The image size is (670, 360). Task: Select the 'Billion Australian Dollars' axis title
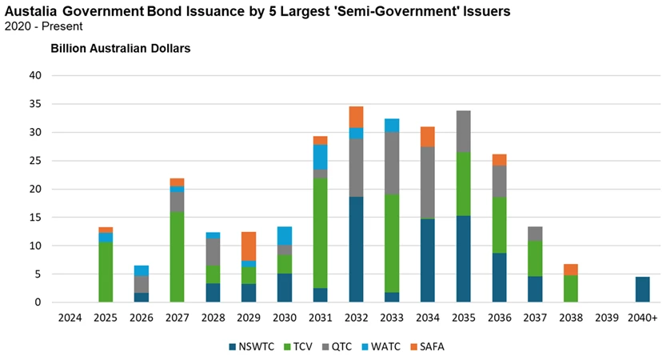tap(120, 48)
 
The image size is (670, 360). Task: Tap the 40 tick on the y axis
tap(35, 76)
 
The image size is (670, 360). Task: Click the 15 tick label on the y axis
tap(35, 218)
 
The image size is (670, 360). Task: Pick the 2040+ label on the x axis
tap(642, 318)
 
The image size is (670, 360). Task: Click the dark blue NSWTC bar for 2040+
tap(642, 290)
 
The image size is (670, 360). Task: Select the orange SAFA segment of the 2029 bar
tap(248, 246)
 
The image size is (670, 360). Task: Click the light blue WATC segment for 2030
tap(284, 235)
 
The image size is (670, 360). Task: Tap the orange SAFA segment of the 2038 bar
tap(570, 270)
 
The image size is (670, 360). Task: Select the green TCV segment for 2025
tap(106, 272)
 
